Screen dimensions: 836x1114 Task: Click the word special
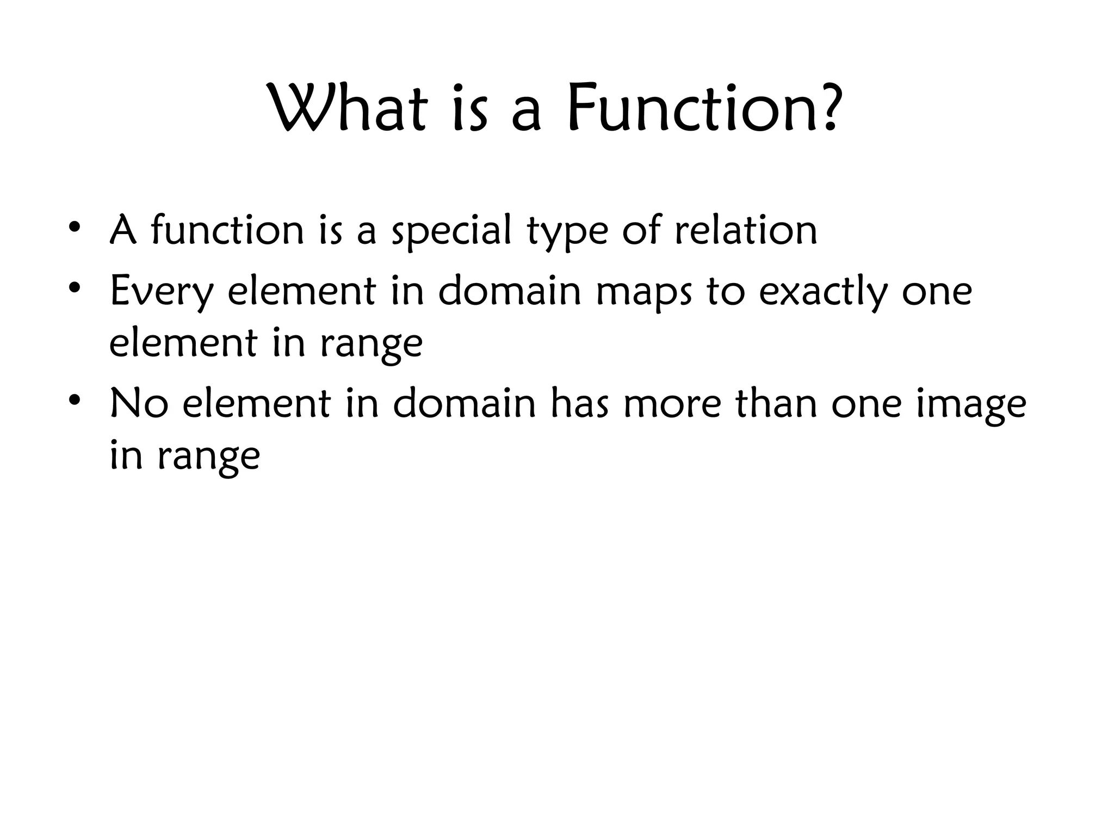[x=452, y=231]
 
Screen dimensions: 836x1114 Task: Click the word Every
[x=162, y=292]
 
